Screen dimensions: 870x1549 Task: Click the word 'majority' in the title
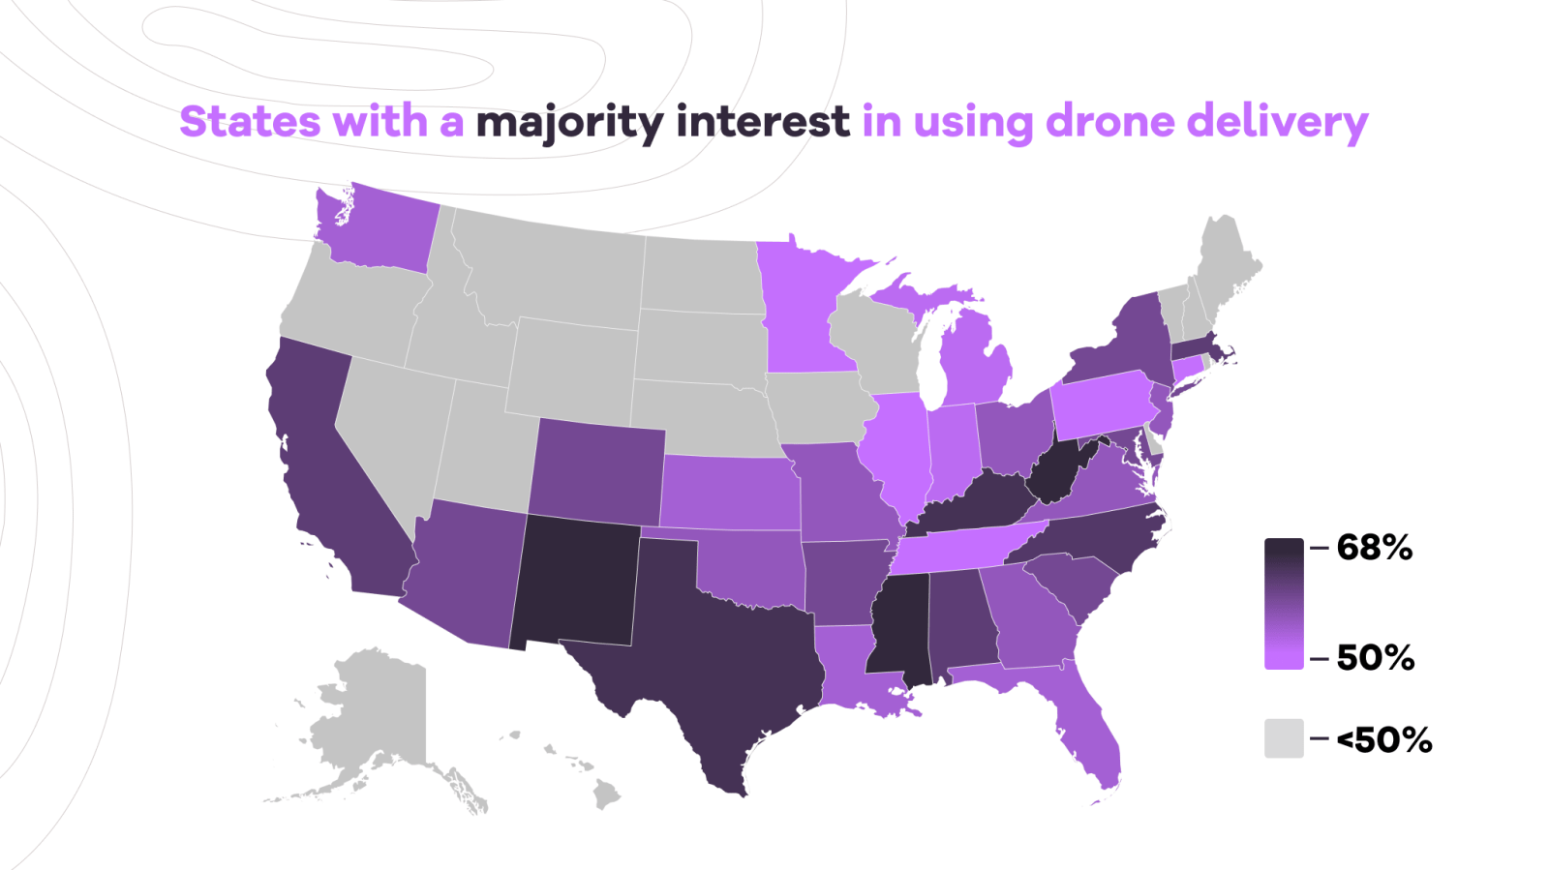click(569, 123)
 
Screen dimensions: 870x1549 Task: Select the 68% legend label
click(1374, 548)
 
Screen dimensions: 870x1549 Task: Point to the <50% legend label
click(1383, 740)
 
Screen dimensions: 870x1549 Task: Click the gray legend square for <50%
click(1284, 738)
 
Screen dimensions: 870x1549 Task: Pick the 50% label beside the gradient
click(1375, 658)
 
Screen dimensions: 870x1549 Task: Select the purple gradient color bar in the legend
click(1284, 603)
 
